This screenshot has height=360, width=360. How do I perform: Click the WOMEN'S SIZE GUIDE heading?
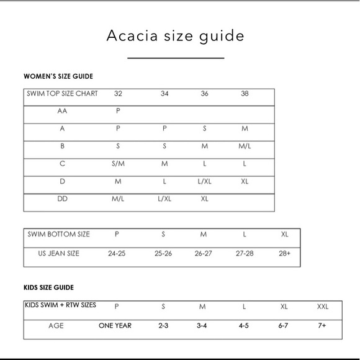click(x=58, y=77)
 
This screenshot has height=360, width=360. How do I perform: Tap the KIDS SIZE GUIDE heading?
click(x=49, y=287)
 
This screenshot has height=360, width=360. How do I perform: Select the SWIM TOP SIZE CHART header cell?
click(x=62, y=94)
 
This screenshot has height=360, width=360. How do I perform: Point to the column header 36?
click(x=204, y=94)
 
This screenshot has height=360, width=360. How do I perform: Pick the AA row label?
click(x=62, y=112)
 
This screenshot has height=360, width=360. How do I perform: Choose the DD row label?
click(x=62, y=199)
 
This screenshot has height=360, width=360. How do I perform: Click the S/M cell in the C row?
click(x=118, y=164)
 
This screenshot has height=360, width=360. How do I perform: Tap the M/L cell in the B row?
click(x=245, y=146)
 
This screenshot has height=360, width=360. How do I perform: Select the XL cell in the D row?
click(x=245, y=182)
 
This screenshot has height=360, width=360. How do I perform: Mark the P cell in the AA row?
click(x=118, y=112)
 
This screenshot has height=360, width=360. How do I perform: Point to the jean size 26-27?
click(x=203, y=253)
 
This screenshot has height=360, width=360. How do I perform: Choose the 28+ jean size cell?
click(x=284, y=253)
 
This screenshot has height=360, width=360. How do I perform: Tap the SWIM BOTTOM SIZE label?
click(x=59, y=234)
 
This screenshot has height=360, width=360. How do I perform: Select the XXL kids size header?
click(x=323, y=306)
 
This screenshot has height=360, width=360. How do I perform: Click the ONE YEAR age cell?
click(x=115, y=325)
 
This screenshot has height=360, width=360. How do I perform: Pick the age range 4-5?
click(x=245, y=325)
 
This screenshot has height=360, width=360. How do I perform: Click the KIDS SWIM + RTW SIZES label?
click(x=60, y=305)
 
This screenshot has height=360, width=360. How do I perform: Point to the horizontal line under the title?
click(x=176, y=58)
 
